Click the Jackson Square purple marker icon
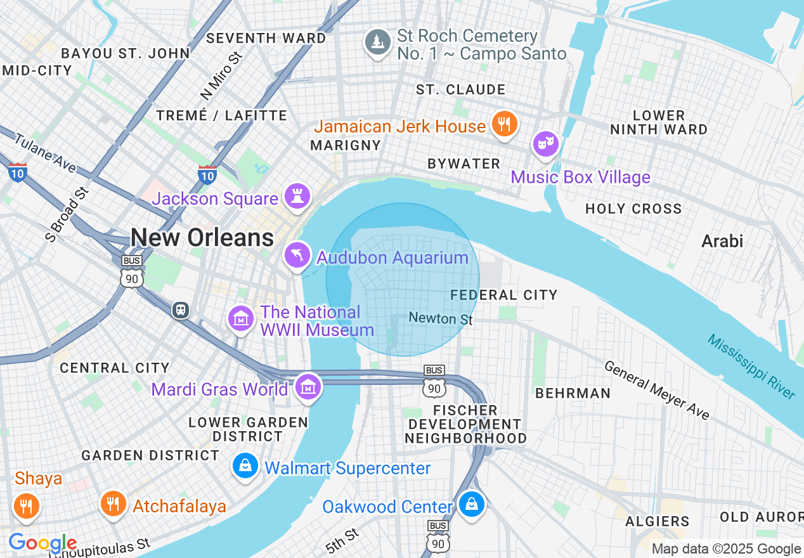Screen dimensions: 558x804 coord(297,197)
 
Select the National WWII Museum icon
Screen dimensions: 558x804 coord(241,318)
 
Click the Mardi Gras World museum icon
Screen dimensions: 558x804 coord(308,386)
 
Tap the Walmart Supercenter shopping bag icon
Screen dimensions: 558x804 coord(245,466)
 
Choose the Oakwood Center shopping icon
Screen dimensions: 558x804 coord(472,505)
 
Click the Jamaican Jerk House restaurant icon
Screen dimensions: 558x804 coord(504,124)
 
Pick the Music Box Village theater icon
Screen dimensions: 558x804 coord(545,144)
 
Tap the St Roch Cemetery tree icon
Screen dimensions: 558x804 coord(378,42)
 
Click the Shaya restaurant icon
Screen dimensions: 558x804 coord(26,505)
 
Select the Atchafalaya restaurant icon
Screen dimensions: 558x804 coord(113,503)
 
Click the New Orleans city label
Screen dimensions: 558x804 coord(202,238)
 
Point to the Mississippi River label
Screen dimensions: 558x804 coord(751,367)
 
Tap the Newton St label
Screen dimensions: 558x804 coord(441,318)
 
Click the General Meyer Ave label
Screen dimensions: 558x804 coord(656,390)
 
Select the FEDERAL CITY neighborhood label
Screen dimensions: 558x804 coord(504,295)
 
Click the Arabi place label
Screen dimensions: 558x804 coord(722,241)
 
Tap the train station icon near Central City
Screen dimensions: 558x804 coord(181,310)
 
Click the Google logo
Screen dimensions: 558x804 coord(42,543)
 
